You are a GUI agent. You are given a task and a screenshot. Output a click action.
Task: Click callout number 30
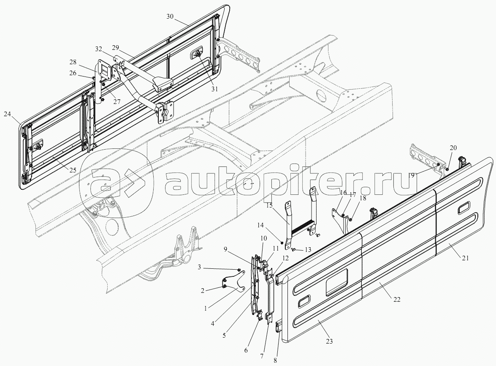(x=170, y=16)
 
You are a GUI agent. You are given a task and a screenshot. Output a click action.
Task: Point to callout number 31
(x=214, y=89)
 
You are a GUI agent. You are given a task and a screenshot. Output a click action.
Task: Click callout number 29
(x=116, y=47)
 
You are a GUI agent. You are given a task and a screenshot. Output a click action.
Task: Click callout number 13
(x=308, y=250)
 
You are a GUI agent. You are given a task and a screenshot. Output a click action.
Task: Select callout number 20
(x=453, y=147)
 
